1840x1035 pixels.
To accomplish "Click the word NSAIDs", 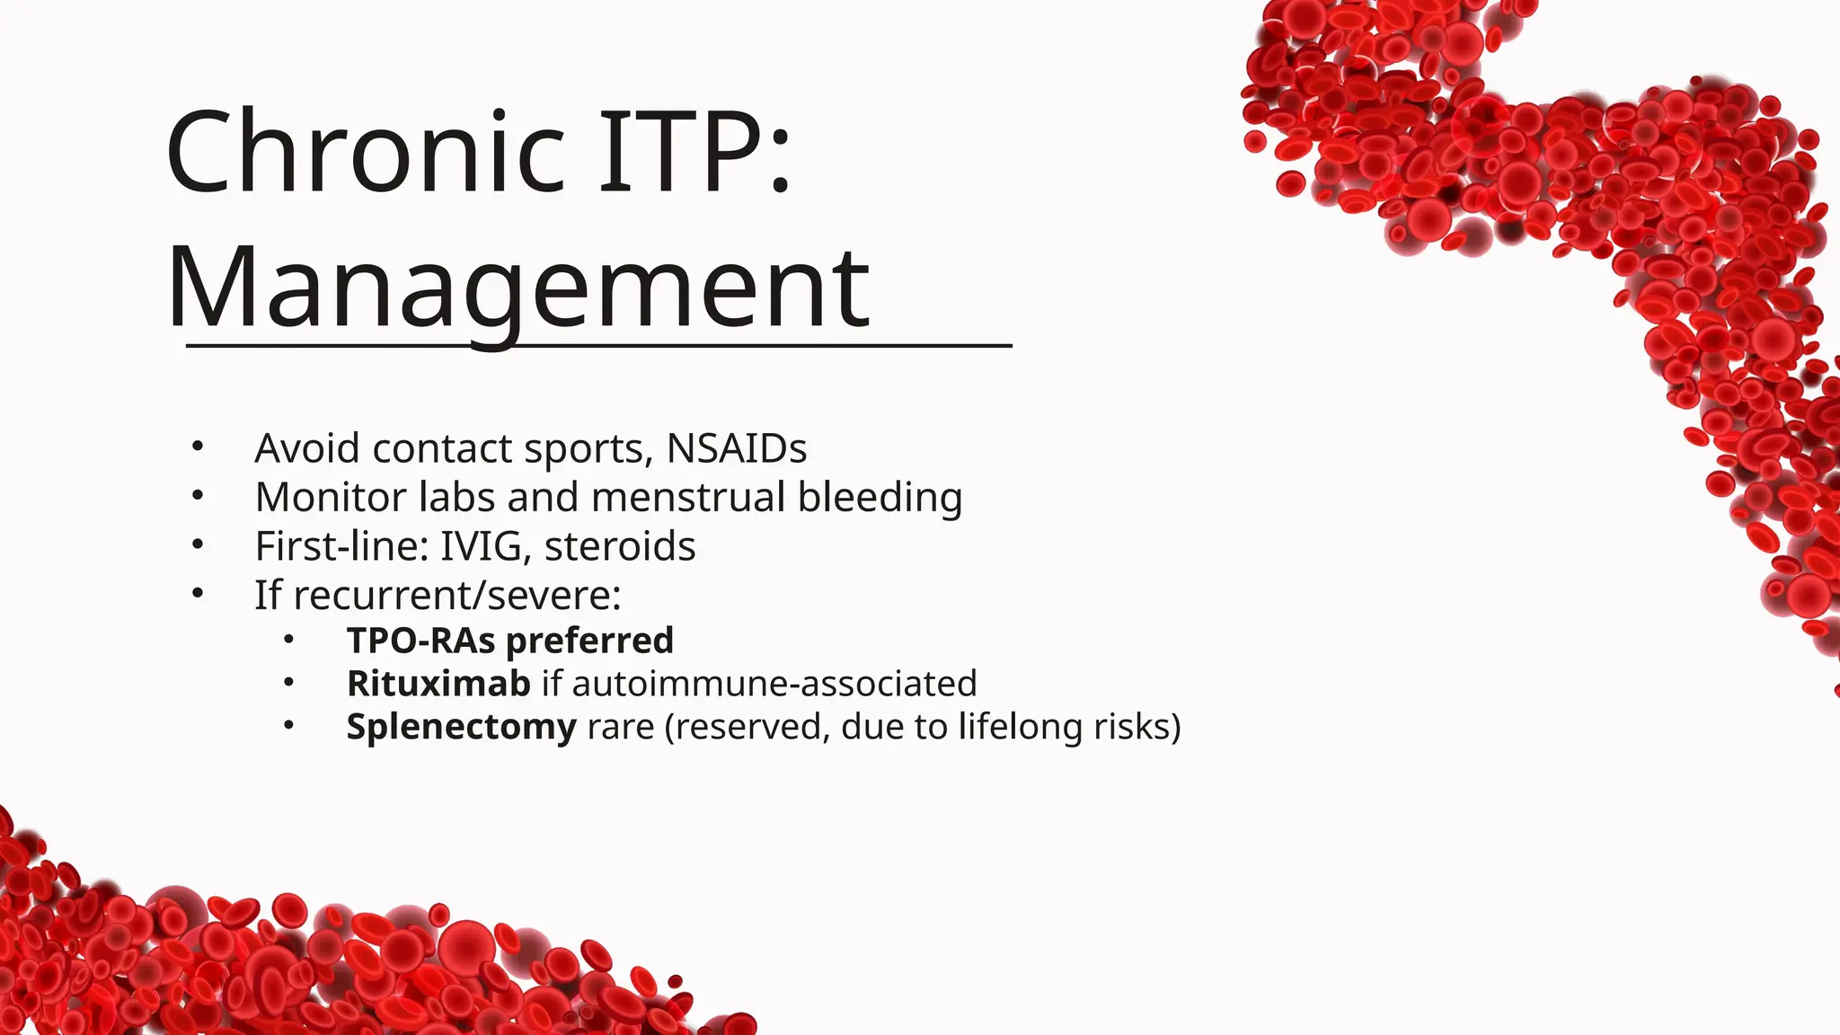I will [737, 448].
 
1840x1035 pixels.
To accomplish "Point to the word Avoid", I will [307, 448].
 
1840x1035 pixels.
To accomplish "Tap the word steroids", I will [620, 546].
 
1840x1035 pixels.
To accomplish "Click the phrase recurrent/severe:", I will [457, 595].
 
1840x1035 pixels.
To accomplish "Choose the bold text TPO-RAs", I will [421, 641].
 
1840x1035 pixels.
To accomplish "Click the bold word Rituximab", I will [438, 684].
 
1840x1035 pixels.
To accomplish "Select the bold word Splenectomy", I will [461, 727].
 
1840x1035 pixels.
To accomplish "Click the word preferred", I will [589, 641].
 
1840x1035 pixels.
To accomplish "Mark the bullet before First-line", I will [198, 544].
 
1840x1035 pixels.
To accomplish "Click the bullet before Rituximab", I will [288, 683].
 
